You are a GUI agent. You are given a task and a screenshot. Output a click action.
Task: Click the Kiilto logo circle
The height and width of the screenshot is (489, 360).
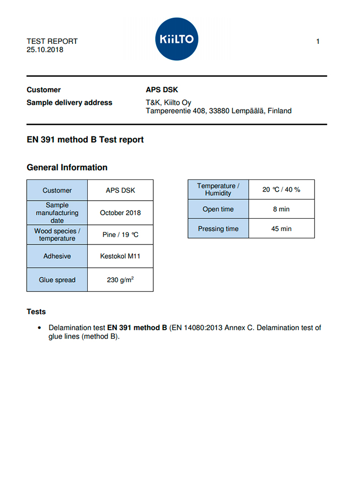[176, 39]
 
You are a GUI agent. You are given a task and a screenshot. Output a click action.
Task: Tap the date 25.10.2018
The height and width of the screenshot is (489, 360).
[45, 50]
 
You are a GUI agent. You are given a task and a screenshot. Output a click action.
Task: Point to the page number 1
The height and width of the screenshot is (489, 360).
[318, 41]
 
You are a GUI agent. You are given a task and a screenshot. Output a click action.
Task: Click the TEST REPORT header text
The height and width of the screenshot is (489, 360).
[52, 41]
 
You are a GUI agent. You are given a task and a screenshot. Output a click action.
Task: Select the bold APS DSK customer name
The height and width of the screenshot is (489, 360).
[162, 90]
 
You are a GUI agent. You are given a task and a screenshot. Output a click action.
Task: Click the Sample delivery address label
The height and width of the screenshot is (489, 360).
[70, 102]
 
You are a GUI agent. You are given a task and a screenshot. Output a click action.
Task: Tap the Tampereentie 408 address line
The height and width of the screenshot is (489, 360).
[218, 111]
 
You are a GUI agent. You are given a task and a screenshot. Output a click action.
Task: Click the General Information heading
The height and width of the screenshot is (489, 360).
[67, 167]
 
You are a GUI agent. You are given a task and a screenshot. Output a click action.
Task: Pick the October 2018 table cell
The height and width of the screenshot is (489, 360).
[120, 213]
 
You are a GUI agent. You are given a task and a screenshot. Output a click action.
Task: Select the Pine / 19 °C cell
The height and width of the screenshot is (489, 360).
[120, 235]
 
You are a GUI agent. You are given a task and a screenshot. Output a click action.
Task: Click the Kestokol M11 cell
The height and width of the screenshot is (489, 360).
[120, 256]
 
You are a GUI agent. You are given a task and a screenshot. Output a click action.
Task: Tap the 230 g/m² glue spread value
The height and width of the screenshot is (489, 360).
[120, 280]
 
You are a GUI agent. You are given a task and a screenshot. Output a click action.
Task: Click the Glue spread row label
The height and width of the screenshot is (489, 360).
[57, 280]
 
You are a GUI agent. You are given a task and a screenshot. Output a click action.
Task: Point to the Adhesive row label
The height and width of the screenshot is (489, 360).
[57, 256]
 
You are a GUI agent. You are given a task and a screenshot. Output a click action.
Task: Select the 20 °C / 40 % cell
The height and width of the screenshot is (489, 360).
[281, 190]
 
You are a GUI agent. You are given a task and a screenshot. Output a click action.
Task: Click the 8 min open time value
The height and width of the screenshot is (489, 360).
[281, 209]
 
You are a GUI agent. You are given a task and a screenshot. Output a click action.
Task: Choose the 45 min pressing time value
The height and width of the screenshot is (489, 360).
[281, 228]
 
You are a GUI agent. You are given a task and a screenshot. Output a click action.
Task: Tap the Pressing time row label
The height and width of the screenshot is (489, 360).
[218, 228]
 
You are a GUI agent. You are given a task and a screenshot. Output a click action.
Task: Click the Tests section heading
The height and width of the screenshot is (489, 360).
[36, 312]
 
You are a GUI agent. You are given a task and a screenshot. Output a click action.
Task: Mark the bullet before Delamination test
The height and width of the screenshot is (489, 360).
[40, 328]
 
